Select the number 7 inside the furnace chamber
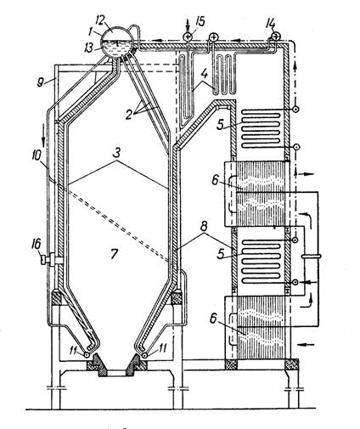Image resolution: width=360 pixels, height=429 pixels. [x=114, y=253]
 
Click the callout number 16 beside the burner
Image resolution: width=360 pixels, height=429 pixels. [x=37, y=244]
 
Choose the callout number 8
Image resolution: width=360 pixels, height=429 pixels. [x=205, y=226]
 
